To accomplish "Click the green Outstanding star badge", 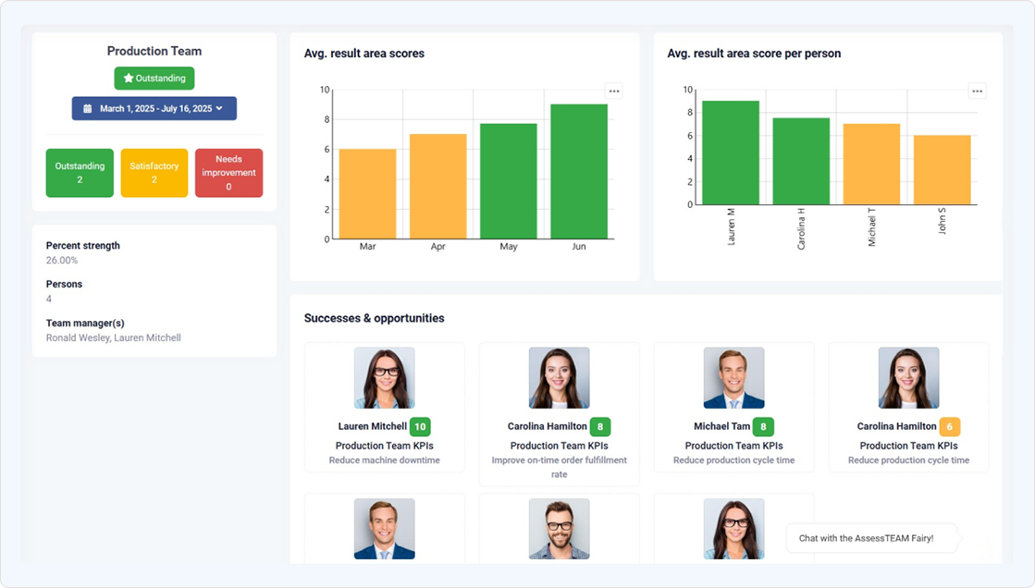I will click(x=154, y=79).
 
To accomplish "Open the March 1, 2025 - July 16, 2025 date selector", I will click(x=154, y=108).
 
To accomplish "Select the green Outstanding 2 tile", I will click(x=80, y=173).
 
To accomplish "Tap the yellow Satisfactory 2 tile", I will click(x=154, y=173).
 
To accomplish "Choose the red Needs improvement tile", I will click(x=228, y=173).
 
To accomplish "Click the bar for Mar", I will click(x=367, y=194).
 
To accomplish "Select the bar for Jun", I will click(x=579, y=172).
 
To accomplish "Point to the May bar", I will click(x=508, y=181).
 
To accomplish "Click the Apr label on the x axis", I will click(x=437, y=247).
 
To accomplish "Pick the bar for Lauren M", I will click(x=731, y=153).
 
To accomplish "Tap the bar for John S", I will click(x=943, y=170).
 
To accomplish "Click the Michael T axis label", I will click(x=872, y=227).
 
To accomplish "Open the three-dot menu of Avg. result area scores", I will click(x=614, y=91).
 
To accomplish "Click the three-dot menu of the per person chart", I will click(x=978, y=91).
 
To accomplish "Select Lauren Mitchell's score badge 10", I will click(x=420, y=426).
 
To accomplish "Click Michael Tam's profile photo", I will click(x=733, y=378).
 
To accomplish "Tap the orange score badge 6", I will click(x=950, y=426).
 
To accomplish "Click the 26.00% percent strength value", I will click(x=62, y=261).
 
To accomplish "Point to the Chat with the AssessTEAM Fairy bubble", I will click(x=867, y=538).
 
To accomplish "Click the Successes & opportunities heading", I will click(x=374, y=318).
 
